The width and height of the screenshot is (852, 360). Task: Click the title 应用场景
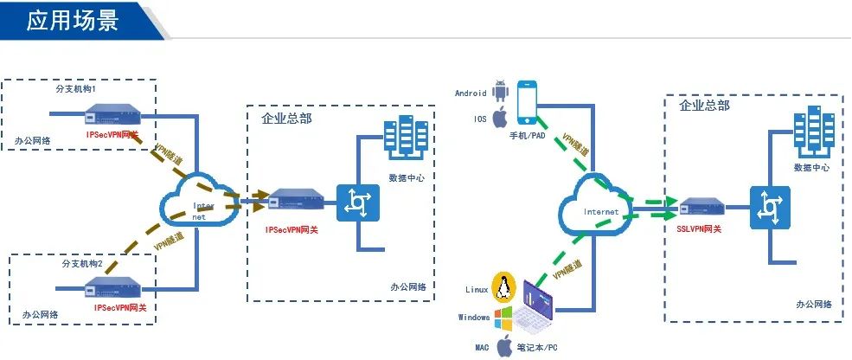pyautogui.click(x=72, y=20)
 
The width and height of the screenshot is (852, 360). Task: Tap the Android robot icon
pyautogui.click(x=499, y=90)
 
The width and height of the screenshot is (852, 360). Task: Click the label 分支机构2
pyautogui.click(x=82, y=262)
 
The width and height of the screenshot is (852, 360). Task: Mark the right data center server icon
pyautogui.click(x=810, y=131)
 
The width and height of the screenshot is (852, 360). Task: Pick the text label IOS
pyautogui.click(x=480, y=119)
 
